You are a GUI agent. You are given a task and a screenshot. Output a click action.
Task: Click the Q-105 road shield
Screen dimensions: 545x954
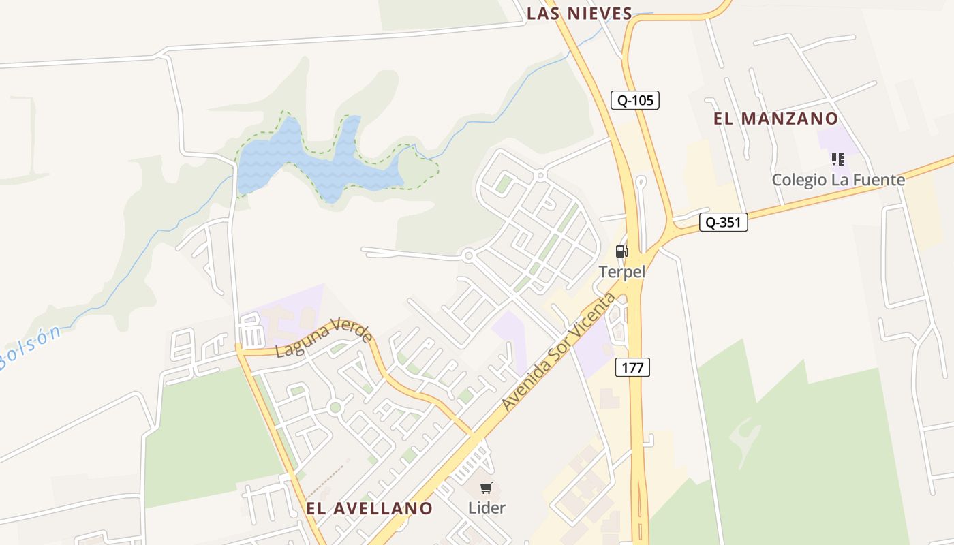tap(634, 100)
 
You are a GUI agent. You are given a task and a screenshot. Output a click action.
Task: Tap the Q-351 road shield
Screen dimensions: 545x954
tap(723, 222)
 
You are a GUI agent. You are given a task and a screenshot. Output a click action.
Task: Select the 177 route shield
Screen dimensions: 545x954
tap(632, 367)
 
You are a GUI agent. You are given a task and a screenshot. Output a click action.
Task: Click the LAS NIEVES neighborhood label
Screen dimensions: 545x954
tap(580, 13)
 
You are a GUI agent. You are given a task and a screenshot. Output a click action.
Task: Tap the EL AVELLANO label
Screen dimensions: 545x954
tap(369, 508)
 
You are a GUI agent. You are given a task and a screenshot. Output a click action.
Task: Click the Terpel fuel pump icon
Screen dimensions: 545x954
tap(621, 251)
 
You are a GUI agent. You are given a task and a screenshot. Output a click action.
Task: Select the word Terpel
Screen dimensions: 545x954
tap(621, 271)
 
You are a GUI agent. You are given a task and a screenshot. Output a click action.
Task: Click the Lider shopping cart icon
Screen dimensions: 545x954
tap(487, 488)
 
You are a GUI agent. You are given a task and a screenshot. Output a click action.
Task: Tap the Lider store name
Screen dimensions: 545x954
tap(487, 508)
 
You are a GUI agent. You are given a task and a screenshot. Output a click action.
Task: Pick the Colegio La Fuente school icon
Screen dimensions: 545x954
tap(837, 159)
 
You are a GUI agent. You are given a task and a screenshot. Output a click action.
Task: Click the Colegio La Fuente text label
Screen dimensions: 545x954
tap(837, 180)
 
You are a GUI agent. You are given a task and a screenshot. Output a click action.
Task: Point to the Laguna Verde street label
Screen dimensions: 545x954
tap(324, 337)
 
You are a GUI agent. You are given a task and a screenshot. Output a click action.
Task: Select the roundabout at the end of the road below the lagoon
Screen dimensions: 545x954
tap(467, 256)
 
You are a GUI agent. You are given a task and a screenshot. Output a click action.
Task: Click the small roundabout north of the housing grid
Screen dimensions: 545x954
tap(540, 176)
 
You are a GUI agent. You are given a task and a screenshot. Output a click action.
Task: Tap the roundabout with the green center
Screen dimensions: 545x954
tap(335, 407)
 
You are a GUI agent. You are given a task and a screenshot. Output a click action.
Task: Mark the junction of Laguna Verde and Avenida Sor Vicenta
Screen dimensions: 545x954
tap(472, 434)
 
